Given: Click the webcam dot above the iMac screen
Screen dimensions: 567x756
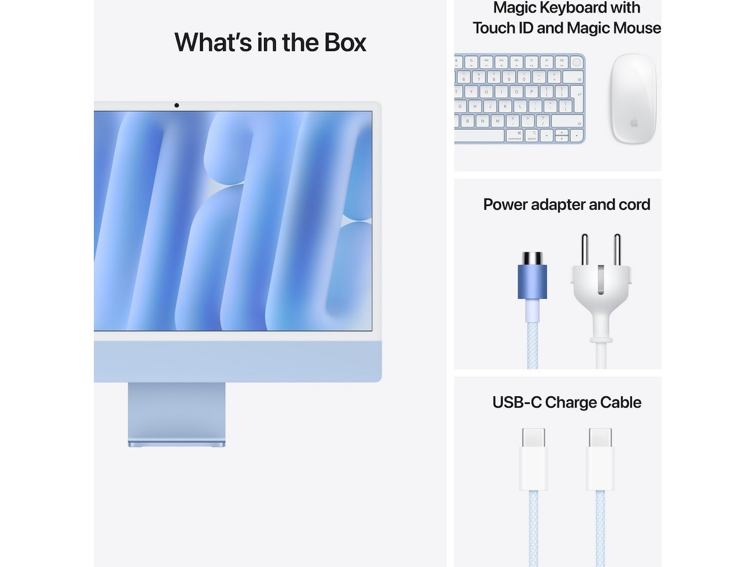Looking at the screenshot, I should click(176, 105).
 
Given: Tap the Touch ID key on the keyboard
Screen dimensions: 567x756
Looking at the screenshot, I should click(576, 62).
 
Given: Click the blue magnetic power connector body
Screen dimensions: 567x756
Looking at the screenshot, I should click(532, 281).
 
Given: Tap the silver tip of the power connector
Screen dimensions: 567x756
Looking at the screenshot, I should click(532, 258).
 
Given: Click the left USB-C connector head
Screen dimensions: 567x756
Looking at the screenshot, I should click(533, 459).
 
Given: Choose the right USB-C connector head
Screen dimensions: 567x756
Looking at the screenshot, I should click(600, 459).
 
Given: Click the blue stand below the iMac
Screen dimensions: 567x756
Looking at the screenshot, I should click(176, 413).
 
